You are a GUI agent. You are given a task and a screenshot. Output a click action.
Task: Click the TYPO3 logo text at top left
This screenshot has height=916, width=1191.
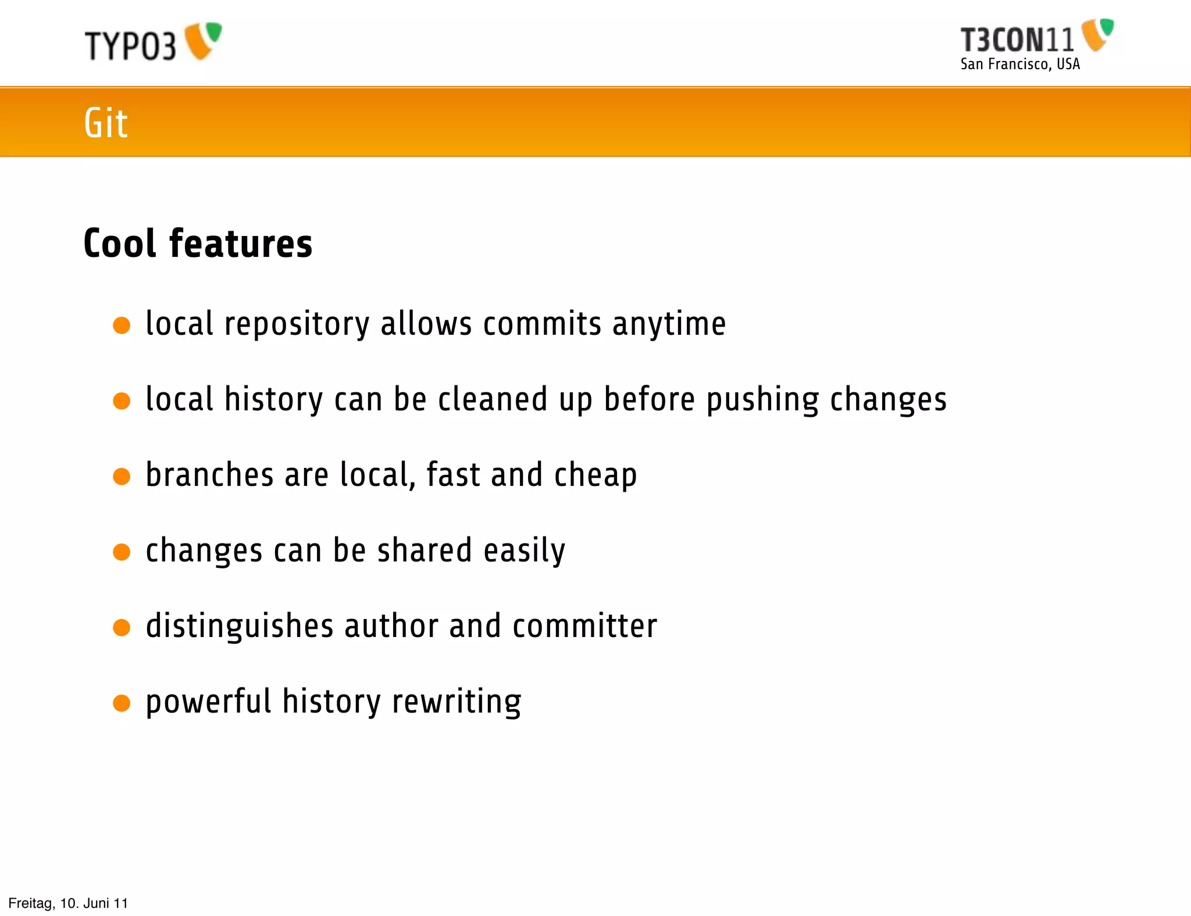point(130,45)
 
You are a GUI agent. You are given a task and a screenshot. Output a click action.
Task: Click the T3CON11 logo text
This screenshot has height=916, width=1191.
point(1017,40)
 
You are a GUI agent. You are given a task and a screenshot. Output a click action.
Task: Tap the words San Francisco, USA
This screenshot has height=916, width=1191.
point(1020,64)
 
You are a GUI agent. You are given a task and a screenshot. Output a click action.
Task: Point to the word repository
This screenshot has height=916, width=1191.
point(297,324)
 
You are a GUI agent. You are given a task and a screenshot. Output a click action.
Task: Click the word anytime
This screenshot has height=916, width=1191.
point(669,324)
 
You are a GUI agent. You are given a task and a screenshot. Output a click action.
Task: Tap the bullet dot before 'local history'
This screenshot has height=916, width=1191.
point(122,400)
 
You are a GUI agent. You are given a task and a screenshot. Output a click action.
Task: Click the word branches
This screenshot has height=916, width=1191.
point(209,475)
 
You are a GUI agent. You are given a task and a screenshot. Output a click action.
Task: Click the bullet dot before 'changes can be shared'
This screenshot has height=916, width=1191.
point(122,552)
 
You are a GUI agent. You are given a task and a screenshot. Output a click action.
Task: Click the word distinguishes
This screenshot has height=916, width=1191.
point(240,627)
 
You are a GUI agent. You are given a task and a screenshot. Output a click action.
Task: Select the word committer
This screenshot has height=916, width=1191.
point(584,626)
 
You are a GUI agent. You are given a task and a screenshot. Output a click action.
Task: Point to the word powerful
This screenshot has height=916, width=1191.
point(208,702)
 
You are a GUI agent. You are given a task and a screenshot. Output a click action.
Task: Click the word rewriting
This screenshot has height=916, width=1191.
point(457,702)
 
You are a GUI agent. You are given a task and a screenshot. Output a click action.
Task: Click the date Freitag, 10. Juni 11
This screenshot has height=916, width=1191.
point(68,903)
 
